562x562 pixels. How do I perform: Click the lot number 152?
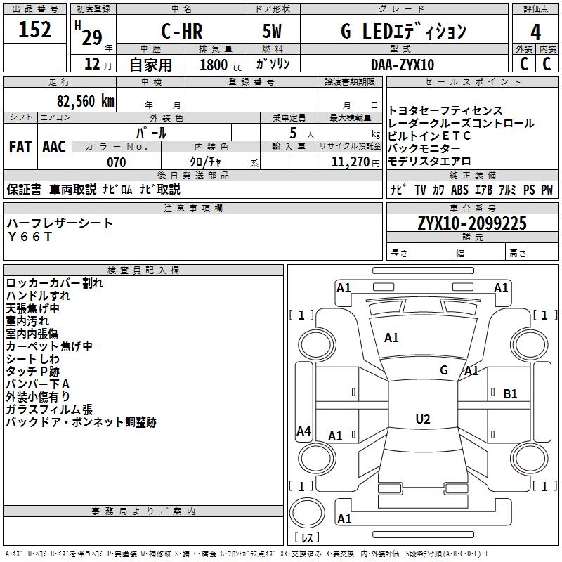[x=35, y=30]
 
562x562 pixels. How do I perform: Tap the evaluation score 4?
[x=536, y=32]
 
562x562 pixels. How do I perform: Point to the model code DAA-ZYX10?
[x=403, y=64]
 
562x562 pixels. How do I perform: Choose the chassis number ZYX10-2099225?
[x=472, y=224]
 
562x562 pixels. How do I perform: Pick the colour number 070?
[x=116, y=162]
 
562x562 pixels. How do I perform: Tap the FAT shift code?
[x=20, y=146]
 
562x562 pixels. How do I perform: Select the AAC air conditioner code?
[x=54, y=146]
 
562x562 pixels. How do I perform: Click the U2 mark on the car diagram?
[x=422, y=419]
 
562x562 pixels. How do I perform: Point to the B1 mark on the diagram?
[x=510, y=394]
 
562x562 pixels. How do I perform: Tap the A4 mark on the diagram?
[x=303, y=431]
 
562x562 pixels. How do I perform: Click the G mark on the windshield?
[x=444, y=370]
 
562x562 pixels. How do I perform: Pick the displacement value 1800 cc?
[x=214, y=65]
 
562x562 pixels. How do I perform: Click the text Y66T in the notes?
[x=30, y=236]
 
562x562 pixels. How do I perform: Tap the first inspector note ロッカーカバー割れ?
[x=54, y=284]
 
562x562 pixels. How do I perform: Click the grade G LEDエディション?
[x=403, y=32]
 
